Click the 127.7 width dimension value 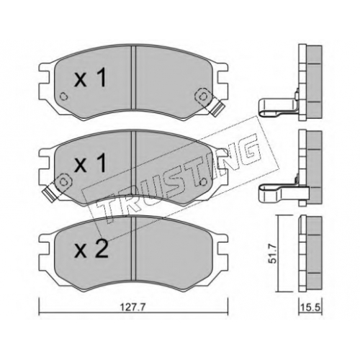(x=134, y=307)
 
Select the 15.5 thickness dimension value (x=310, y=307)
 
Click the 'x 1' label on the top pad (x=90, y=77)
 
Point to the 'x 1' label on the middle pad (x=90, y=163)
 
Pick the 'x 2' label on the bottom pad (x=91, y=249)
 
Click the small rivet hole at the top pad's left (x=63, y=96)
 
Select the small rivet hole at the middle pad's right (x=203, y=182)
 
